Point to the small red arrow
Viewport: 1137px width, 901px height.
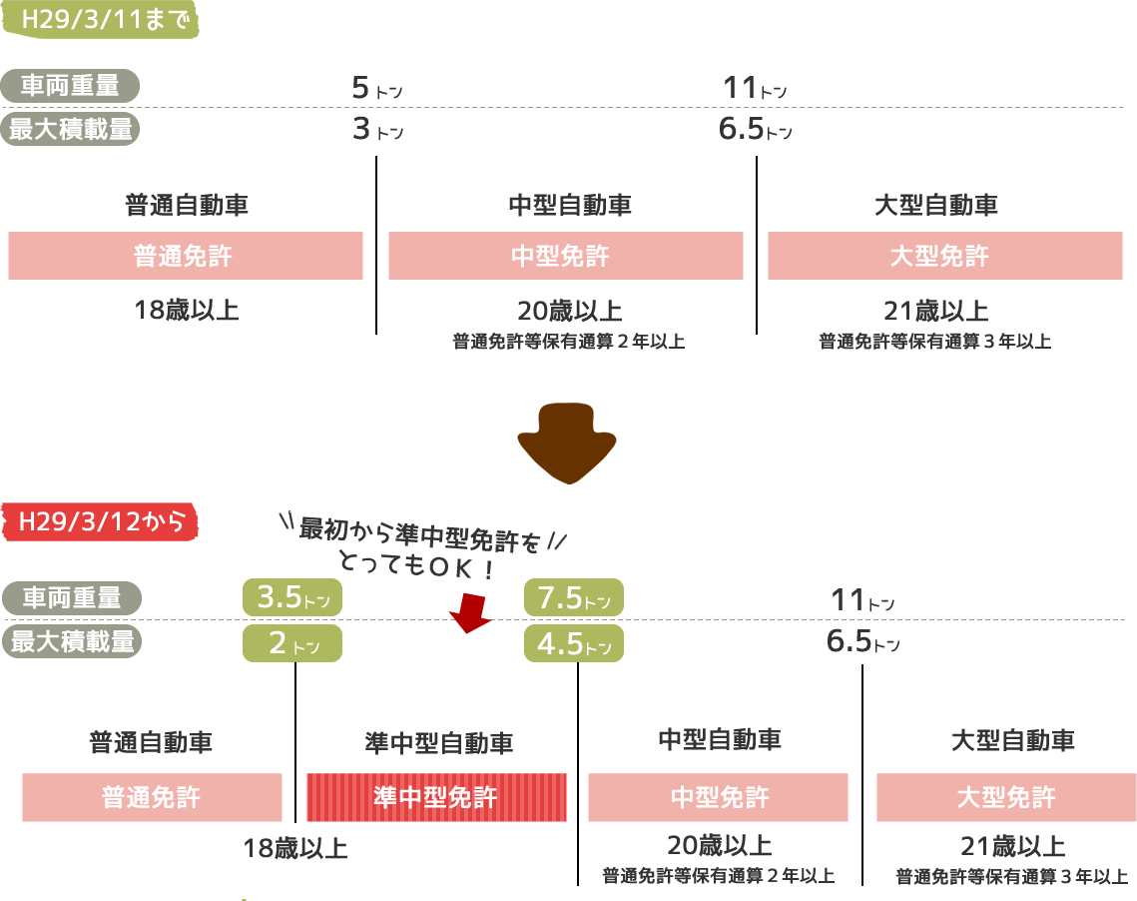click(x=470, y=612)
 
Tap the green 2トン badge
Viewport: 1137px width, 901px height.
click(x=292, y=644)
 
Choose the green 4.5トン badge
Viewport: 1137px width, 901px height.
click(x=574, y=644)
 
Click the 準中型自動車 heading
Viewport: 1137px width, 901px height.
click(x=440, y=743)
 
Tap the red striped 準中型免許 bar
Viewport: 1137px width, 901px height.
click(x=436, y=797)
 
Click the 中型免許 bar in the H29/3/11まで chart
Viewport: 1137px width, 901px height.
click(x=565, y=256)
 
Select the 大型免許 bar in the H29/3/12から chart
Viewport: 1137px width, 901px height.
click(x=1006, y=797)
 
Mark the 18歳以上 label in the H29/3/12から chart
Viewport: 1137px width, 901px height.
click(x=296, y=850)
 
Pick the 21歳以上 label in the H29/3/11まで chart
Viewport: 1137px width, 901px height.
click(x=935, y=310)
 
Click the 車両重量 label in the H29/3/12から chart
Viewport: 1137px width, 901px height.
click(x=72, y=598)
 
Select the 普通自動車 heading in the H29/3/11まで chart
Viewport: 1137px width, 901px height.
click(x=187, y=207)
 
